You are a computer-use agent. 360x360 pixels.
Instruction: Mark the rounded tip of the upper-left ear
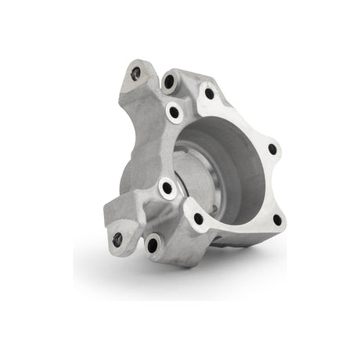point(133,61)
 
